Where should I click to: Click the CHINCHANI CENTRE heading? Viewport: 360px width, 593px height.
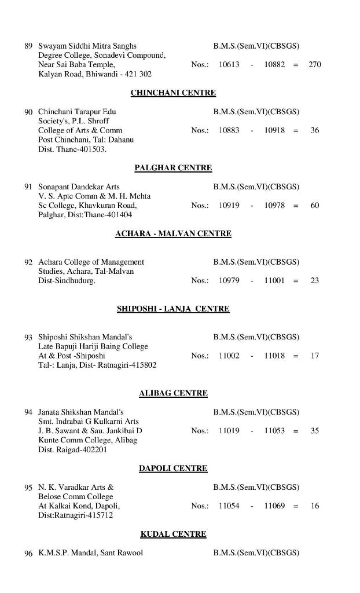(173, 93)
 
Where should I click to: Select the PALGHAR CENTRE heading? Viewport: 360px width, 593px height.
(173, 168)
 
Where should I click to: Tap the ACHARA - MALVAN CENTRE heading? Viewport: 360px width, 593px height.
(173, 234)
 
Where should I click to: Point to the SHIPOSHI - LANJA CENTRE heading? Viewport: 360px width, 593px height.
(173, 309)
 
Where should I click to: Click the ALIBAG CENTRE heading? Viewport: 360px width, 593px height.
(173, 394)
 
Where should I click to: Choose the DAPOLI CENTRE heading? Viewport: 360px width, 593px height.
(173, 468)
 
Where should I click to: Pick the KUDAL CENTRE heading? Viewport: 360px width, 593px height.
(173, 535)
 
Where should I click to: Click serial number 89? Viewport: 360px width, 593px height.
(28, 46)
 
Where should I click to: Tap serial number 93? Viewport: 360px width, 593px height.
(28, 337)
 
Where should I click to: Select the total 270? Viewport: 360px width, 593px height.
(314, 65)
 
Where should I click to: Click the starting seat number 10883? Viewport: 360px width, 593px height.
(229, 130)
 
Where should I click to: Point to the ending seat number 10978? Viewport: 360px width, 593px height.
(274, 206)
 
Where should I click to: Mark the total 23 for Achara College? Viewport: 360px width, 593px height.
(314, 281)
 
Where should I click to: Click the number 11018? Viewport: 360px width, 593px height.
(274, 356)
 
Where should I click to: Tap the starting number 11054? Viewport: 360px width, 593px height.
(229, 506)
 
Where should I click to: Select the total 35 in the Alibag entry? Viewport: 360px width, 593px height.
(314, 431)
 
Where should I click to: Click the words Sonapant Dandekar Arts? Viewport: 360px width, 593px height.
(79, 187)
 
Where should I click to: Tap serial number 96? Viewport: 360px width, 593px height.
(28, 554)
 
